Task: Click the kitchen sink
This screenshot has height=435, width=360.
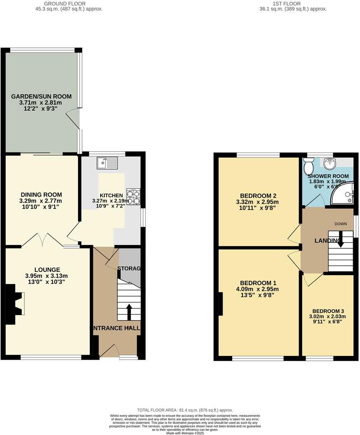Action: point(107,163)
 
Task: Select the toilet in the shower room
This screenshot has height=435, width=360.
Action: point(308,166)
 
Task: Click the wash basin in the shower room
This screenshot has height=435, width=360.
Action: point(330,164)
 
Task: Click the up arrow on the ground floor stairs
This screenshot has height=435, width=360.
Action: point(129,312)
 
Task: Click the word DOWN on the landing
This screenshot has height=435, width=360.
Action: point(340,224)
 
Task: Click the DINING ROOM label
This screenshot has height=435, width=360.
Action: point(41,195)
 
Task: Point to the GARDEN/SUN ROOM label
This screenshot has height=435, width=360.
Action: point(41,96)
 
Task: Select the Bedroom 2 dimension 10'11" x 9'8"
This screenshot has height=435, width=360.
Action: point(257,208)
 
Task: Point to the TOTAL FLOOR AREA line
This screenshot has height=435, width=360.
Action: point(185,410)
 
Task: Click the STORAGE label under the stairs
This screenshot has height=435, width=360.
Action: point(129,269)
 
